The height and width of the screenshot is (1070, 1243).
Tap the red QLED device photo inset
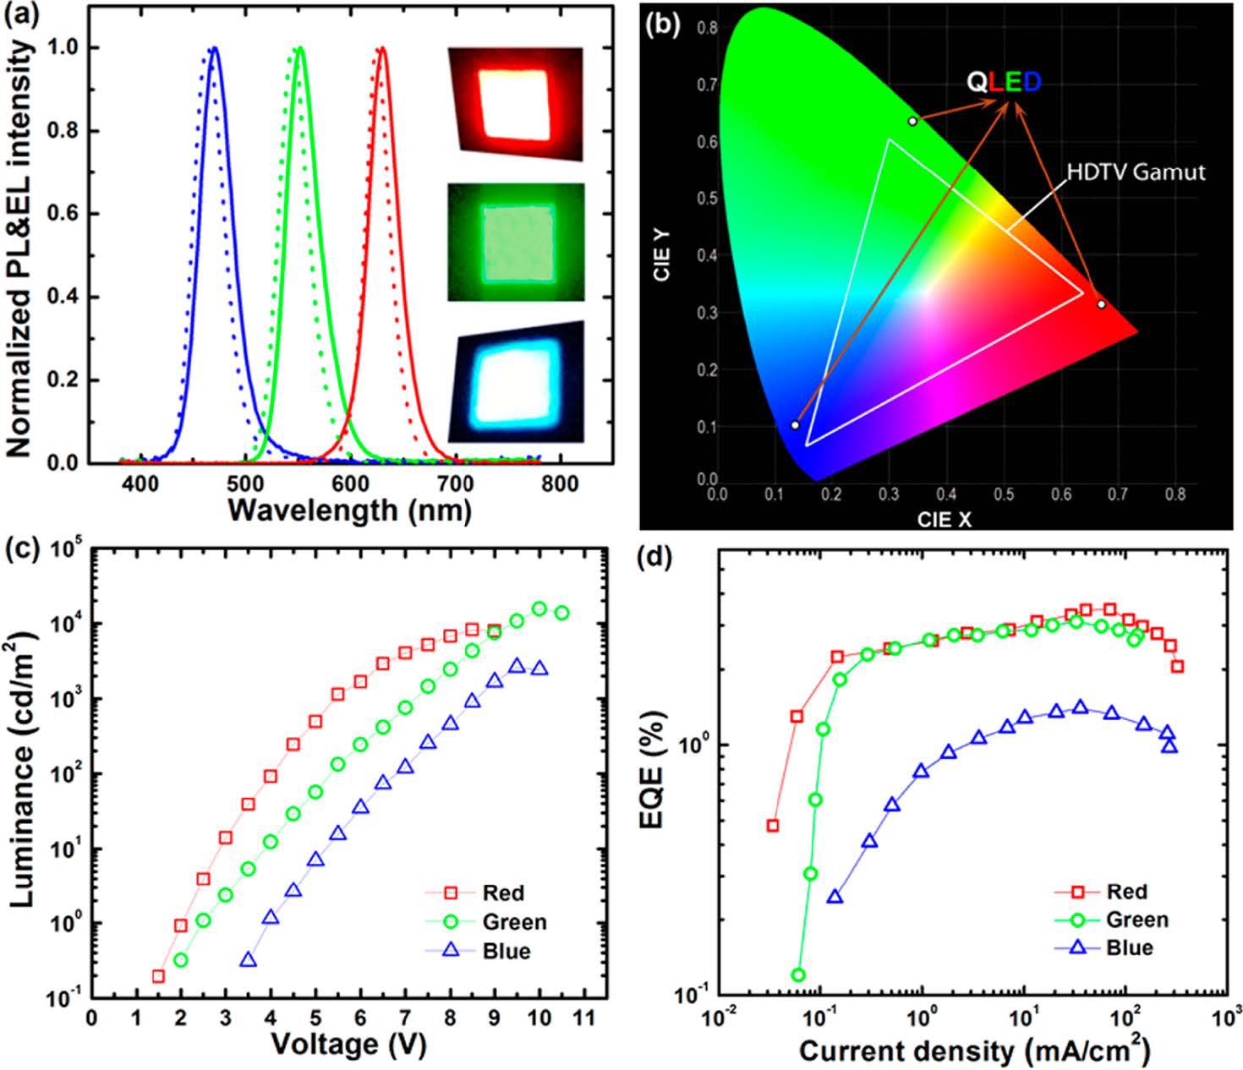pos(516,103)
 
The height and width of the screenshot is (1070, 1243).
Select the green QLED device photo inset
pos(516,243)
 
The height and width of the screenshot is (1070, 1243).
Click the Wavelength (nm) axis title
pos(349,510)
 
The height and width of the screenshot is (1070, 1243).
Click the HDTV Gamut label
pos(1135,172)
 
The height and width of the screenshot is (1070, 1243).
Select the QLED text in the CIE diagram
pos(1005,82)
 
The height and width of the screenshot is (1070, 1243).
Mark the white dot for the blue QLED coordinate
pos(795,424)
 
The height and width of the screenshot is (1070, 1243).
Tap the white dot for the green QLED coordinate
pos(912,121)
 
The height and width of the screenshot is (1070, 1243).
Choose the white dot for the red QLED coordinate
pos(1101,303)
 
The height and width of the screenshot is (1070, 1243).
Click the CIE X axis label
pos(944,520)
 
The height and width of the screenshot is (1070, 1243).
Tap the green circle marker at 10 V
pos(539,609)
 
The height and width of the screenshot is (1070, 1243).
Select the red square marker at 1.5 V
pos(158,976)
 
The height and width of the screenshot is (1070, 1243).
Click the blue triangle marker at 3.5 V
pos(248,960)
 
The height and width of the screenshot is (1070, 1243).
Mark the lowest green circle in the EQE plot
pos(797,975)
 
